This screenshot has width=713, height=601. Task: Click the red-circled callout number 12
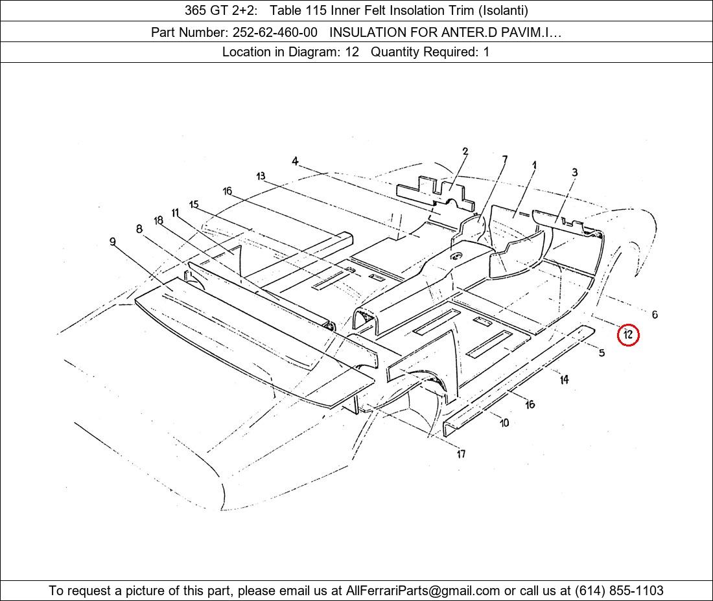point(628,335)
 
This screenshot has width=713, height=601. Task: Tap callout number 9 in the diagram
point(113,242)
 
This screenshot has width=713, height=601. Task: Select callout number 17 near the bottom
point(461,453)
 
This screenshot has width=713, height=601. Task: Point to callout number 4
point(295,161)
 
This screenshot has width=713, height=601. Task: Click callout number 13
point(261,176)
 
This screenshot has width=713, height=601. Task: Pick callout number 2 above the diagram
point(465,152)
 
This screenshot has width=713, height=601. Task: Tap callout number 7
point(505,159)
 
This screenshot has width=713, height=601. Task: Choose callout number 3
point(575,172)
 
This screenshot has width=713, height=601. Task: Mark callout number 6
point(655,314)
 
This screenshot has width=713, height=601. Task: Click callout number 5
point(602,352)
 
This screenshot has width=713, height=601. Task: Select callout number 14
point(564,380)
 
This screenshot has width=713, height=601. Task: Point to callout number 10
point(504,423)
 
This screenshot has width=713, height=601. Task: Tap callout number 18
point(158,221)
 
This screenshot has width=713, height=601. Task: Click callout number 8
point(139,229)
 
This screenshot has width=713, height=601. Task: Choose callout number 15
point(194,205)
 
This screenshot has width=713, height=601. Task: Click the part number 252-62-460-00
point(275,32)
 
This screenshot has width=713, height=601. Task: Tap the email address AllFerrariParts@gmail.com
point(423,591)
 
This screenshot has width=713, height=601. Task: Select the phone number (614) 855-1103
point(619,591)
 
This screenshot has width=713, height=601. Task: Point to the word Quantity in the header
point(395,52)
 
